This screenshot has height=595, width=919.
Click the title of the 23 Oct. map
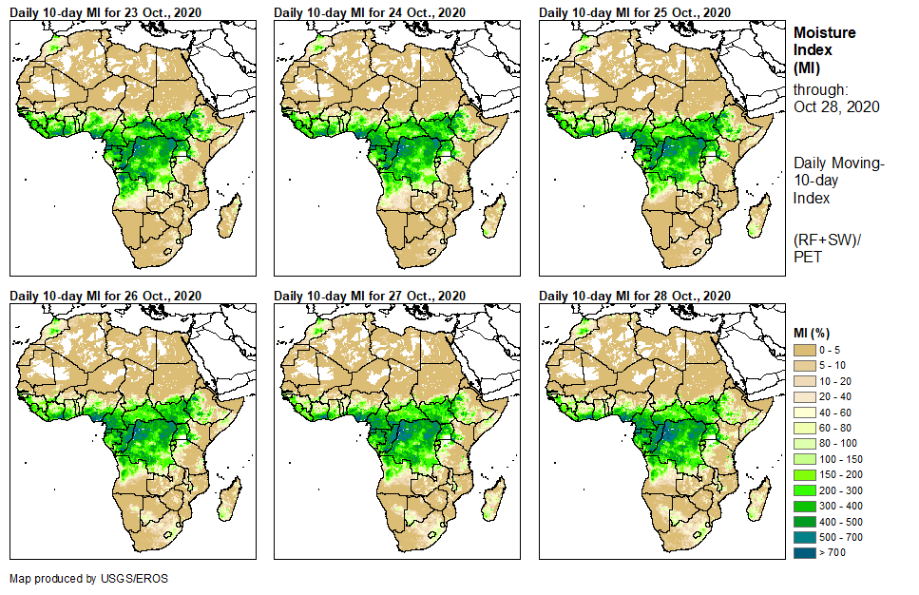(105, 12)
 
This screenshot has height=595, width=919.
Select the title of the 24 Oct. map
(370, 12)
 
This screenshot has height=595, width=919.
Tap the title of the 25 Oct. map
(634, 12)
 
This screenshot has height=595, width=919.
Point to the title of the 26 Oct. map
(105, 296)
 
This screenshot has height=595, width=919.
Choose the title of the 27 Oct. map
(370, 296)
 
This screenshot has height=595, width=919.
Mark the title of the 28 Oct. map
(634, 296)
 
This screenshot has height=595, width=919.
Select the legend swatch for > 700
(804, 551)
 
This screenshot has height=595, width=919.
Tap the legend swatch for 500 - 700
(804, 536)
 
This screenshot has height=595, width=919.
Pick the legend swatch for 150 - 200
(804, 474)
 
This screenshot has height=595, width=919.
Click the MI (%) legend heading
(815, 333)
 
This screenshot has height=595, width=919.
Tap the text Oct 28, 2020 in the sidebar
(836, 106)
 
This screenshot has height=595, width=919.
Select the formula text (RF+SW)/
(827, 239)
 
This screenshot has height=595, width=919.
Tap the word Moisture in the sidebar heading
(825, 32)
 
